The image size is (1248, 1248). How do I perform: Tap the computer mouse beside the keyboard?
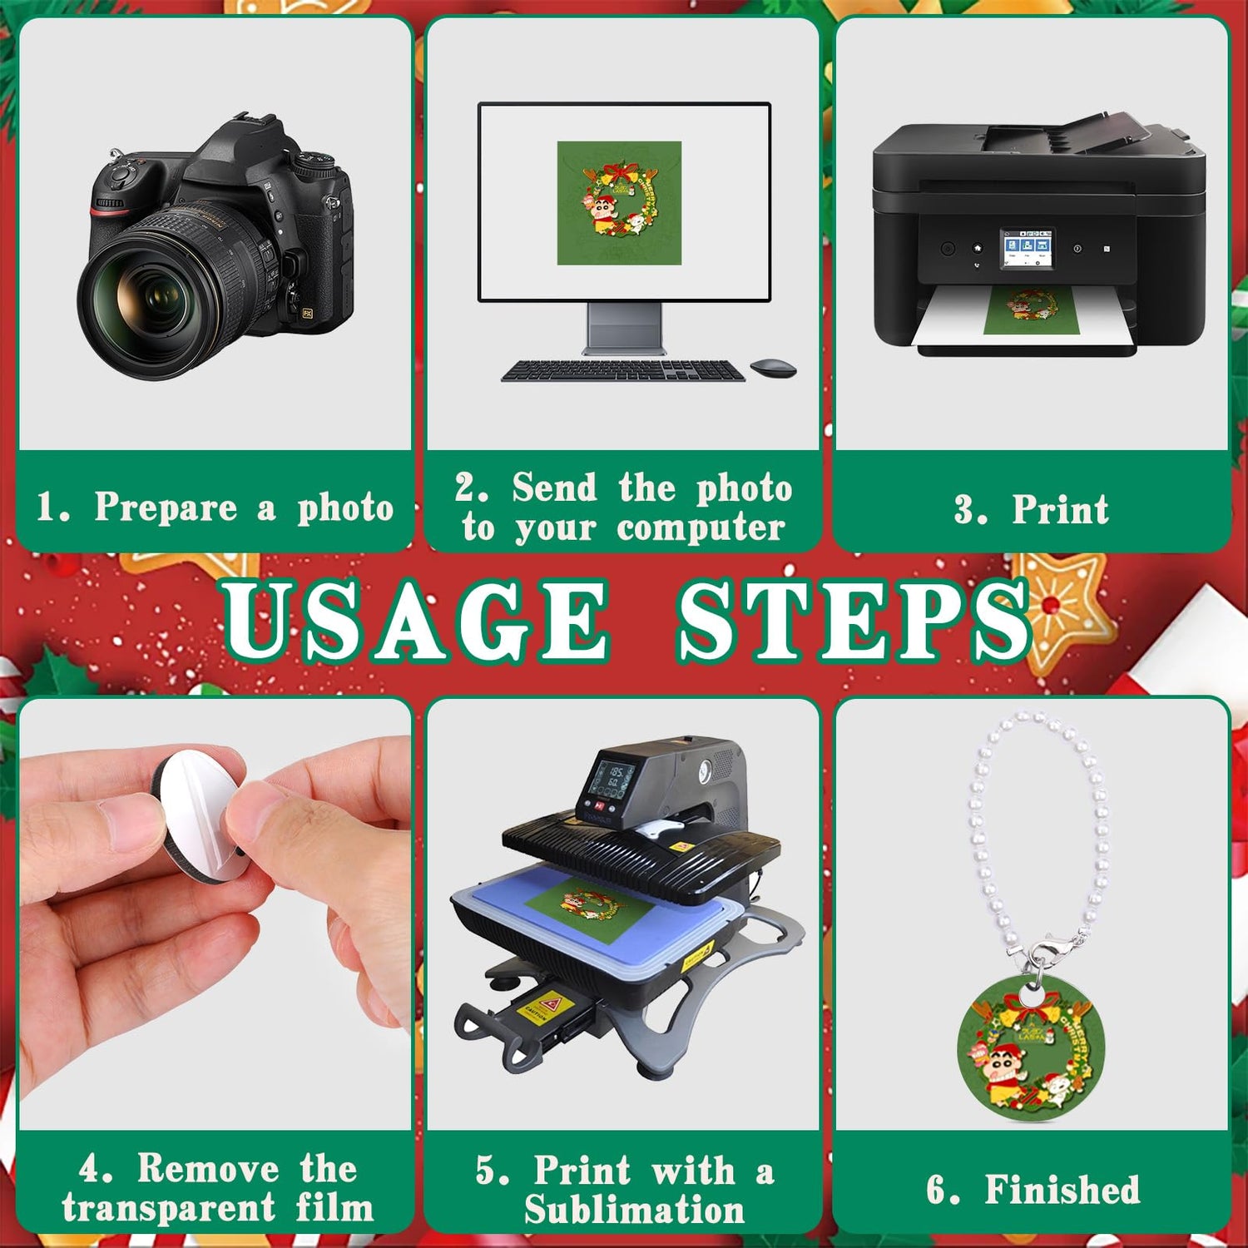pyautogui.click(x=773, y=368)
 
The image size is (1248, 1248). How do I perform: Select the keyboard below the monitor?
pyautogui.click(x=623, y=371)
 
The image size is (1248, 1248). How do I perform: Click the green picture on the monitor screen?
pyautogui.click(x=619, y=203)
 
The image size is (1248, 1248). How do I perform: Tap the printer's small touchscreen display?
pyautogui.click(x=1026, y=249)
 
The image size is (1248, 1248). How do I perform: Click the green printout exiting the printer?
pyautogui.click(x=1031, y=311)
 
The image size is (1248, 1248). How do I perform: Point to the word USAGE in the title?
pyautogui.click(x=415, y=620)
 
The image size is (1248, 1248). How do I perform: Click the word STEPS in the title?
pyautogui.click(x=854, y=620)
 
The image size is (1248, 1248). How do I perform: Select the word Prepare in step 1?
pyautogui.click(x=166, y=508)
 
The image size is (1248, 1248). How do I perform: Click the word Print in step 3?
pyautogui.click(x=1060, y=509)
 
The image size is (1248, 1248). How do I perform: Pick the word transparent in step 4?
pyautogui.click(x=168, y=1208)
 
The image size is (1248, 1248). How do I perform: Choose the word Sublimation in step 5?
pyautogui.click(x=634, y=1210)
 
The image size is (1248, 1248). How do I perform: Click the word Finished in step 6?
pyautogui.click(x=1062, y=1190)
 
